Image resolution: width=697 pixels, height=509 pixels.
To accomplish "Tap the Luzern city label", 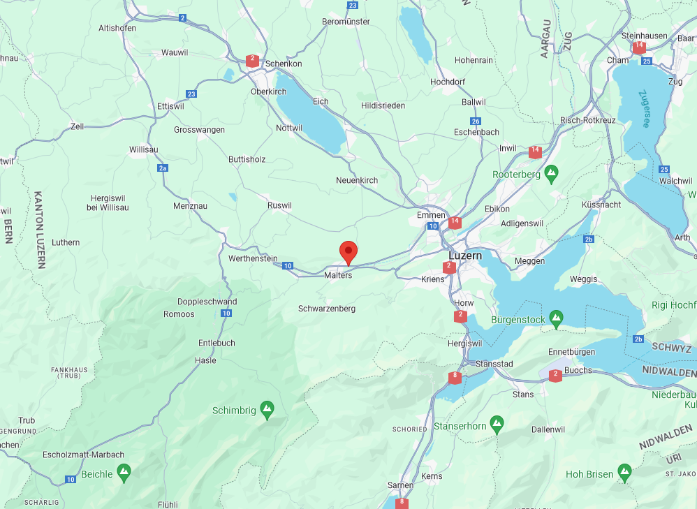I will [465, 256].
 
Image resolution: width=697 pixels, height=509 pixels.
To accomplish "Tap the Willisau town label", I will [144, 149].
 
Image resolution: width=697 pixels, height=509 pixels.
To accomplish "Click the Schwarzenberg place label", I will [327, 309].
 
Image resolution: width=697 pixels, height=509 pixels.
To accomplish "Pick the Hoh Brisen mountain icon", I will [624, 473].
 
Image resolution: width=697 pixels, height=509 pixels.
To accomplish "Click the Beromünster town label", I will [346, 22].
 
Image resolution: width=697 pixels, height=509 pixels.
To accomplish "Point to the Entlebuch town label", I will [217, 343].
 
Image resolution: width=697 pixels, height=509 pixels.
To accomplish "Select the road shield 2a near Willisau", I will [163, 168].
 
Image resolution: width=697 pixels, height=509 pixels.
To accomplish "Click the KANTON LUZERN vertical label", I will [39, 230].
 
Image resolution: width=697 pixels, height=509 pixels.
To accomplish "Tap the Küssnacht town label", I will [601, 205].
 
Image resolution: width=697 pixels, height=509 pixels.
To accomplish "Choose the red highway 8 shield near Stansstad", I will [455, 377].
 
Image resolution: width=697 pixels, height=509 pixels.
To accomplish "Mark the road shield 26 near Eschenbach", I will [476, 121].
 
